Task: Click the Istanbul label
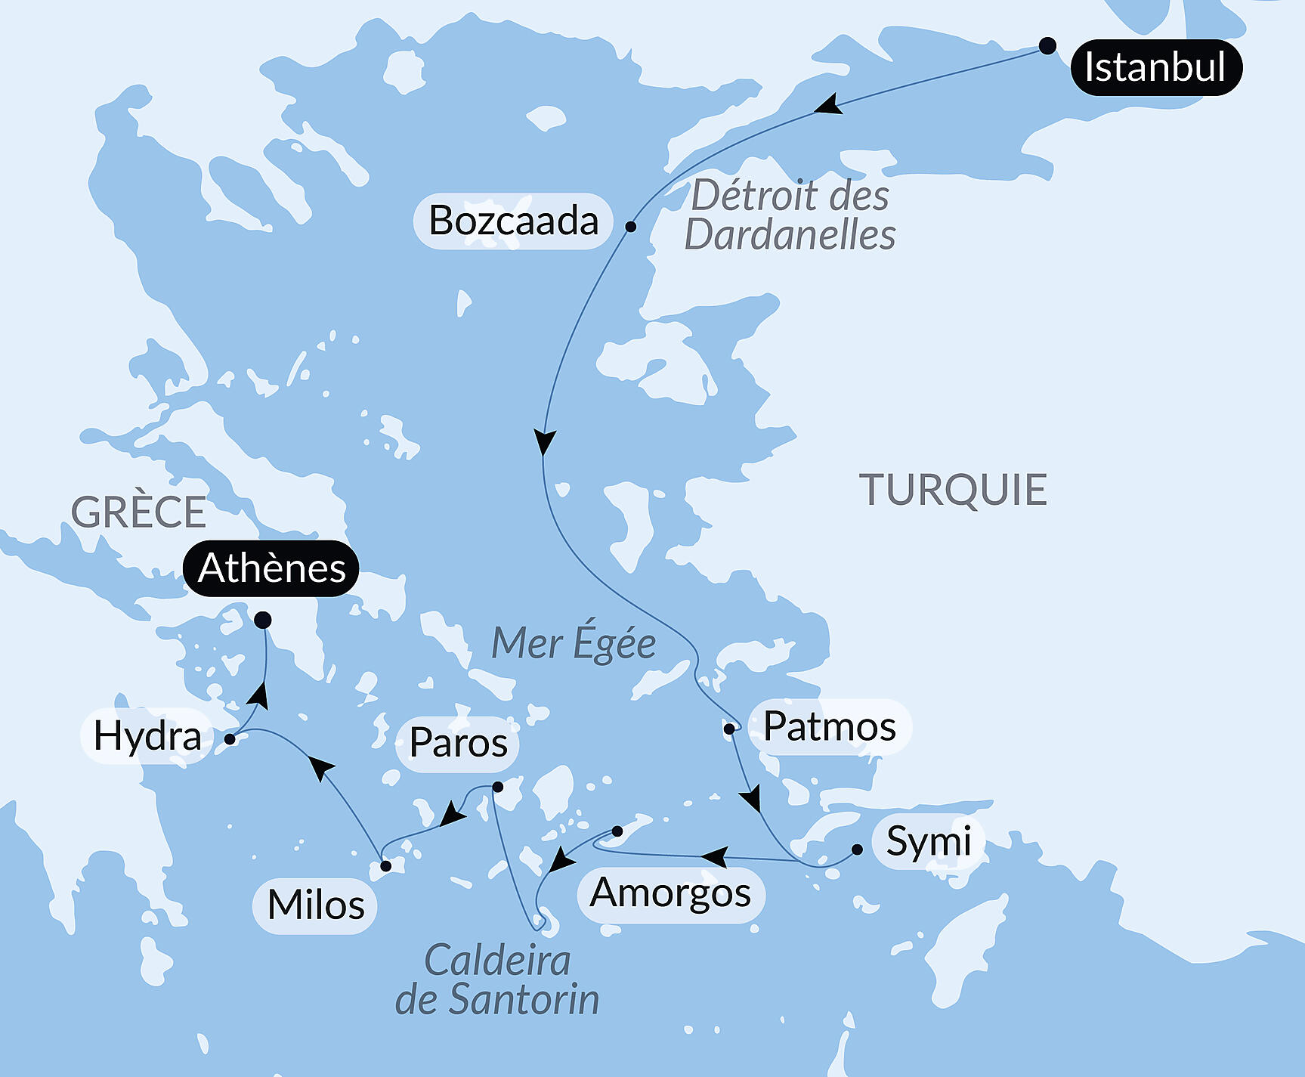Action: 1155,67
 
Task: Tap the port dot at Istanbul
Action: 1047,46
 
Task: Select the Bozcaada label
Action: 513,221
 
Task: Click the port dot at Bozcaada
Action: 630,226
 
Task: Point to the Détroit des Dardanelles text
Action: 790,215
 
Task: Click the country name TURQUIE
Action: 953,490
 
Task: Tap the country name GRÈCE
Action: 138,512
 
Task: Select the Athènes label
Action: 271,568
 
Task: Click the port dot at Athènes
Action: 262,621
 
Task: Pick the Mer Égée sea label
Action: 573,644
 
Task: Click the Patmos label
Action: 829,727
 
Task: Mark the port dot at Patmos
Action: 729,729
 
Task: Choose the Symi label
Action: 928,841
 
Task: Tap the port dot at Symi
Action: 857,850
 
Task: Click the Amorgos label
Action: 670,893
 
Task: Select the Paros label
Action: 458,743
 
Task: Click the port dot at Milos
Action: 385,866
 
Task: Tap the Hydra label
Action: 147,736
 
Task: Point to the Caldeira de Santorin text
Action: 497,980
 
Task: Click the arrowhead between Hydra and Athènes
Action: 259,695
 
